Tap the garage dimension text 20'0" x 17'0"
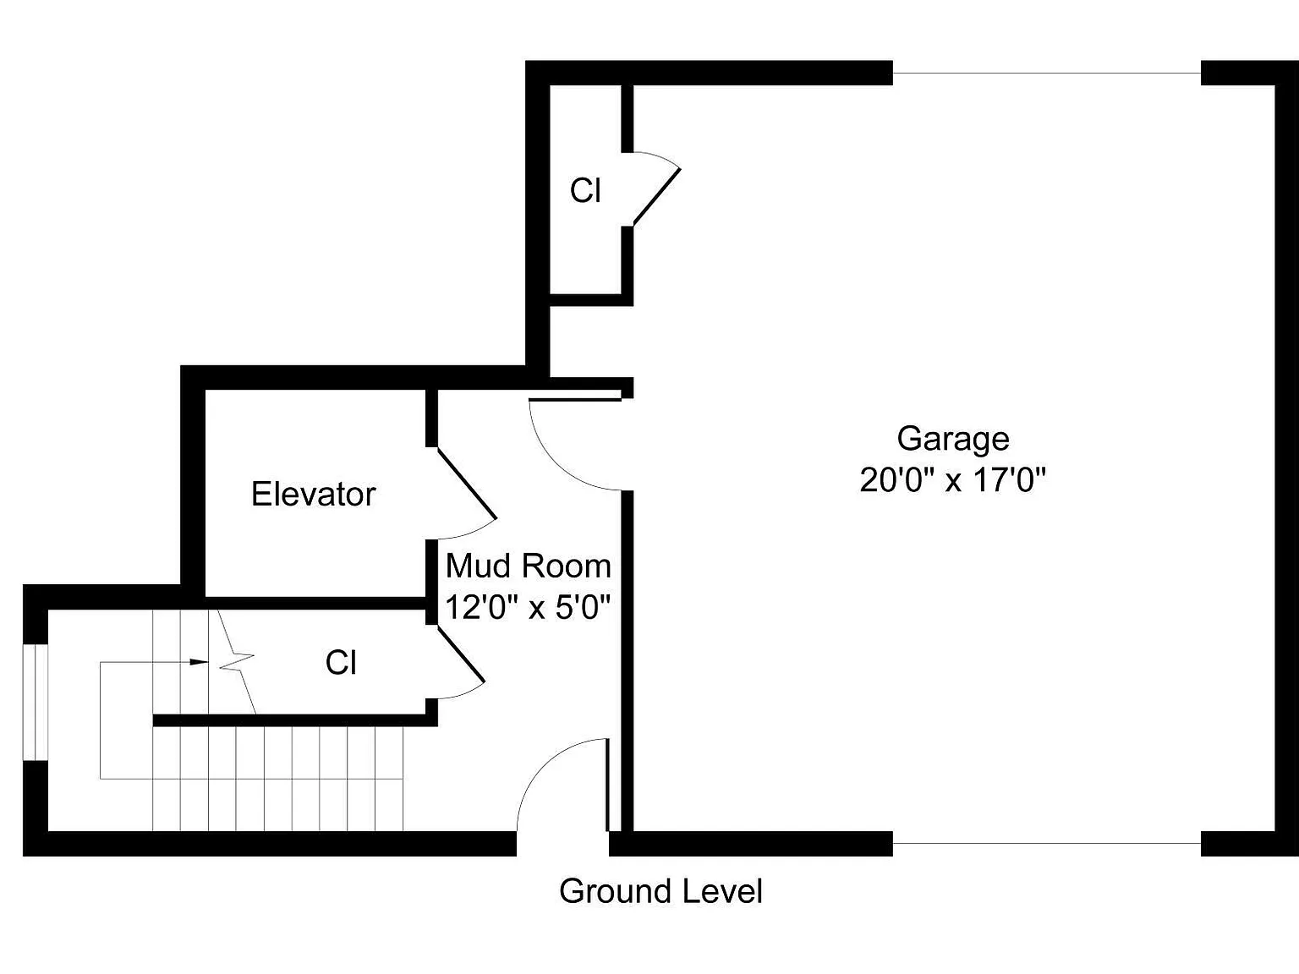[x=953, y=479]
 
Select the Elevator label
[x=313, y=494]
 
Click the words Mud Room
[x=528, y=566]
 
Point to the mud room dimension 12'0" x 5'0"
[x=527, y=607]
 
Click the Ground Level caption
[x=660, y=891]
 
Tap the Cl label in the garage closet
[x=585, y=190]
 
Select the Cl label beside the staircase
[x=340, y=662]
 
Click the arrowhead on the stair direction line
[x=199, y=662]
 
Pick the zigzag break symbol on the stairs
[x=237, y=662]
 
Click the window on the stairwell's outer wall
[x=36, y=702]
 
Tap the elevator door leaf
[x=466, y=483]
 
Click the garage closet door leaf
[x=657, y=196]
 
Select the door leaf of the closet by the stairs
[x=461, y=654]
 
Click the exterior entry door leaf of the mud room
[x=607, y=785]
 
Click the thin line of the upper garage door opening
[x=1046, y=74]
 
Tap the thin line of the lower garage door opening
[x=1046, y=843]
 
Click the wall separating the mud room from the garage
[x=628, y=661]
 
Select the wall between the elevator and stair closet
[x=315, y=603]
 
